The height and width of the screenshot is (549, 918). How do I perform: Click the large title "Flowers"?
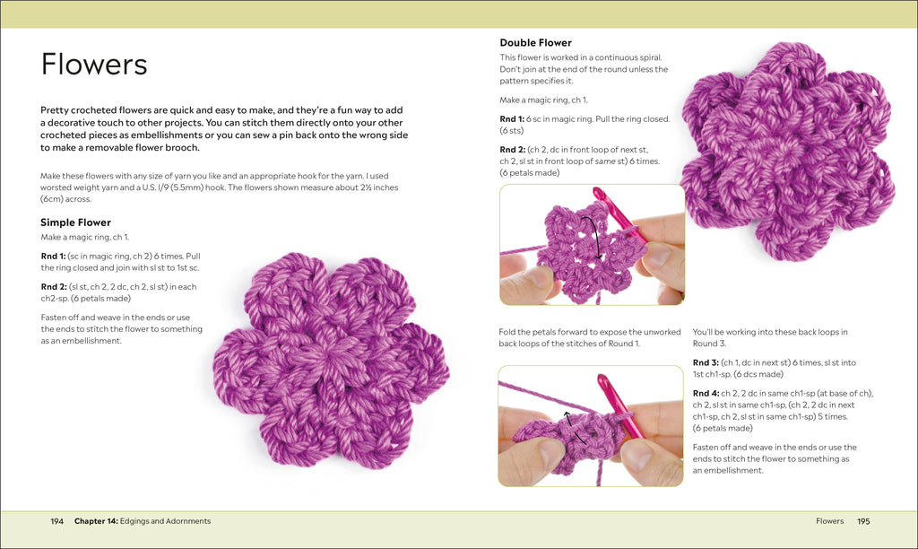tap(94, 65)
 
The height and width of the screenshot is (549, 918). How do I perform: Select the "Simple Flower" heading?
tap(75, 222)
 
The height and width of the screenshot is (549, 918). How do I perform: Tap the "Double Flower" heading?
tap(535, 43)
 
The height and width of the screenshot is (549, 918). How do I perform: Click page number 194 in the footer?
tap(56, 521)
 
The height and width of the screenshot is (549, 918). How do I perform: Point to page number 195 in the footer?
tap(863, 521)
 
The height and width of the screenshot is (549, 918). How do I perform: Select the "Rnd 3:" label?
tap(706, 362)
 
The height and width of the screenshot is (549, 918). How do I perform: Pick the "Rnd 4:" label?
tap(706, 393)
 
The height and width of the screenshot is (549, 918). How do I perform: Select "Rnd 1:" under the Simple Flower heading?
tap(53, 256)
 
